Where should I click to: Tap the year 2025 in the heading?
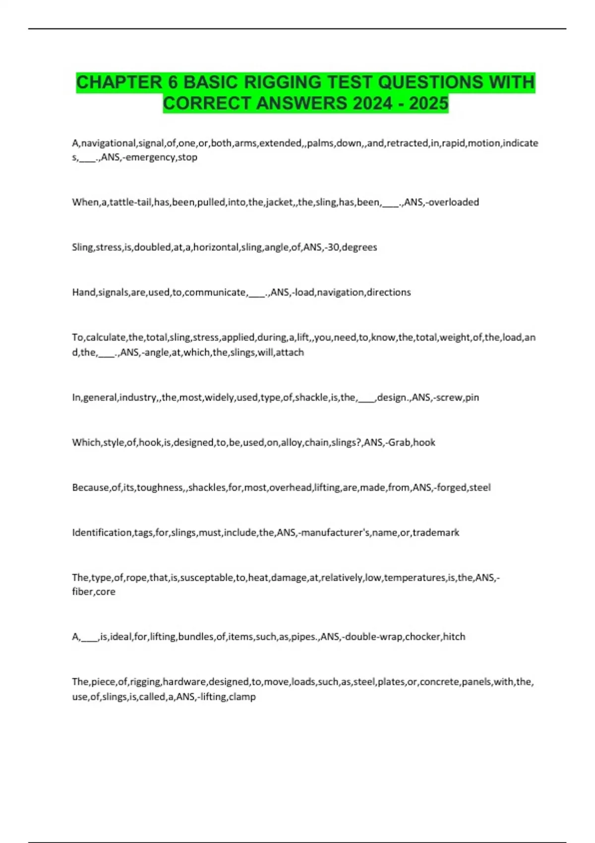(x=429, y=104)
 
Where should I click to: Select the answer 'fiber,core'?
(x=94, y=592)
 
